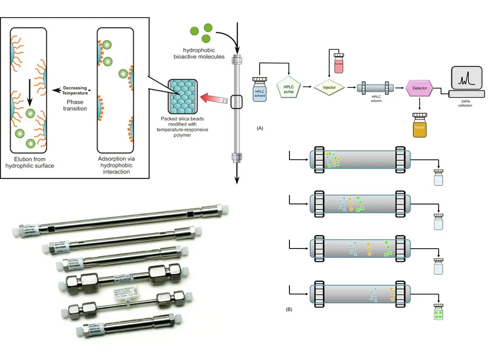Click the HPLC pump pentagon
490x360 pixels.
click(289, 87)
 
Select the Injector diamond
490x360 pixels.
click(329, 87)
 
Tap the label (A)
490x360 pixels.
click(259, 128)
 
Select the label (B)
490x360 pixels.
click(289, 309)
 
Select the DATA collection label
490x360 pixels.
click(465, 103)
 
